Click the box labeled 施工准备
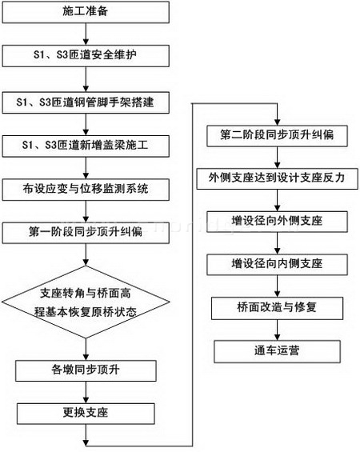pyautogui.click(x=86, y=12)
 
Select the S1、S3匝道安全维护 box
pyautogui.click(x=86, y=56)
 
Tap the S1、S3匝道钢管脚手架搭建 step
pyautogui.click(x=86, y=102)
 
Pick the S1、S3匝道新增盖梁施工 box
pyautogui.click(x=86, y=146)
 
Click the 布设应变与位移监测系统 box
pyautogui.click(x=86, y=190)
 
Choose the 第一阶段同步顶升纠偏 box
pyautogui.click(x=86, y=233)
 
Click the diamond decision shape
pyautogui.click(x=86, y=302)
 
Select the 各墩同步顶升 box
pyautogui.click(x=86, y=370)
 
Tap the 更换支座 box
pyautogui.click(x=86, y=414)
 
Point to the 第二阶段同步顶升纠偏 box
pyautogui.click(x=277, y=136)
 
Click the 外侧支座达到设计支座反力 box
pyautogui.click(x=278, y=178)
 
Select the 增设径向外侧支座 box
pyautogui.click(x=277, y=222)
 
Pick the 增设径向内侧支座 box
pyautogui.click(x=277, y=264)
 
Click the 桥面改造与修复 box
pyautogui.click(x=277, y=309)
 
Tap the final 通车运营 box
pyautogui.click(x=277, y=351)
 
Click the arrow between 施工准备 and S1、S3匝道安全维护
pyautogui.click(x=86, y=34)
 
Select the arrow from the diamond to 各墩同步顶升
pyautogui.click(x=86, y=350)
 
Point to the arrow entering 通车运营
pyautogui.click(x=277, y=330)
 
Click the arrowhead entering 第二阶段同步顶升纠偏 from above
pyautogui.click(x=277, y=122)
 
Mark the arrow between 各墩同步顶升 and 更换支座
pyautogui.click(x=86, y=392)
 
